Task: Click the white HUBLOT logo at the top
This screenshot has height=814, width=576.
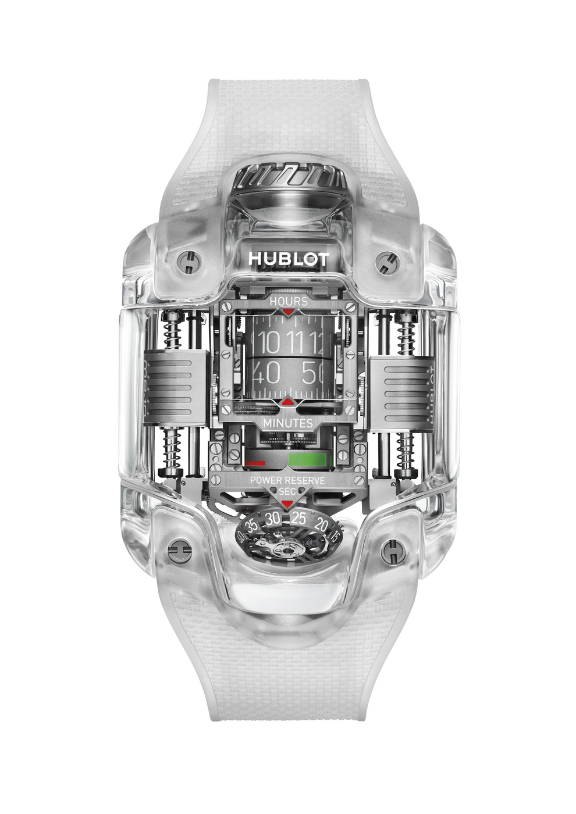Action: click(289, 259)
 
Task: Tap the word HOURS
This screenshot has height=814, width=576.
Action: click(288, 302)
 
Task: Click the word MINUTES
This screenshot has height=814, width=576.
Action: click(288, 423)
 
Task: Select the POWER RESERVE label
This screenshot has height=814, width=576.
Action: click(287, 480)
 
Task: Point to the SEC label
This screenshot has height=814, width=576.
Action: click(287, 492)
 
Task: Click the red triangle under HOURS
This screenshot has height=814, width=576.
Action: click(288, 312)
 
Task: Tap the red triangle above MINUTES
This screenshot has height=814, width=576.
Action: click(287, 401)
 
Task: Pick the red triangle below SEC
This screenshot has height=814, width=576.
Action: click(287, 504)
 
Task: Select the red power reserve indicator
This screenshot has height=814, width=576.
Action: click(255, 464)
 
